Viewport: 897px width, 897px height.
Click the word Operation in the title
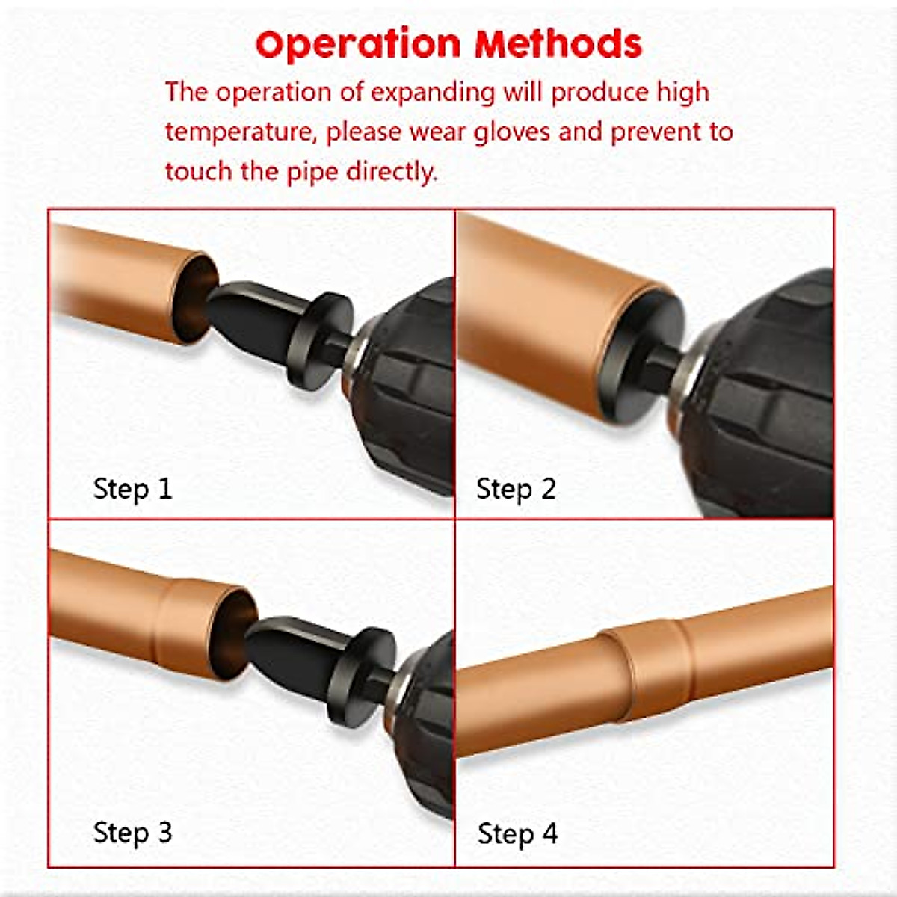pos(358,45)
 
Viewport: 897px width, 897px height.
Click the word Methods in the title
pos(558,44)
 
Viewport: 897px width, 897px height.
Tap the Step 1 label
pos(132,490)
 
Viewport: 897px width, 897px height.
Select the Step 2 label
pos(516,490)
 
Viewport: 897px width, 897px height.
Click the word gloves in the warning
pos(512,132)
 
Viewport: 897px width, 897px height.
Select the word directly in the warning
pos(392,172)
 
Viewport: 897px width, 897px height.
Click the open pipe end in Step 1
pos(194,299)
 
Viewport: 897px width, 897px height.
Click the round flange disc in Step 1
pos(320,341)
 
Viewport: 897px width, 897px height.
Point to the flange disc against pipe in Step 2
pos(641,355)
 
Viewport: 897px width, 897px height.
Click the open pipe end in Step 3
pos(234,634)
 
